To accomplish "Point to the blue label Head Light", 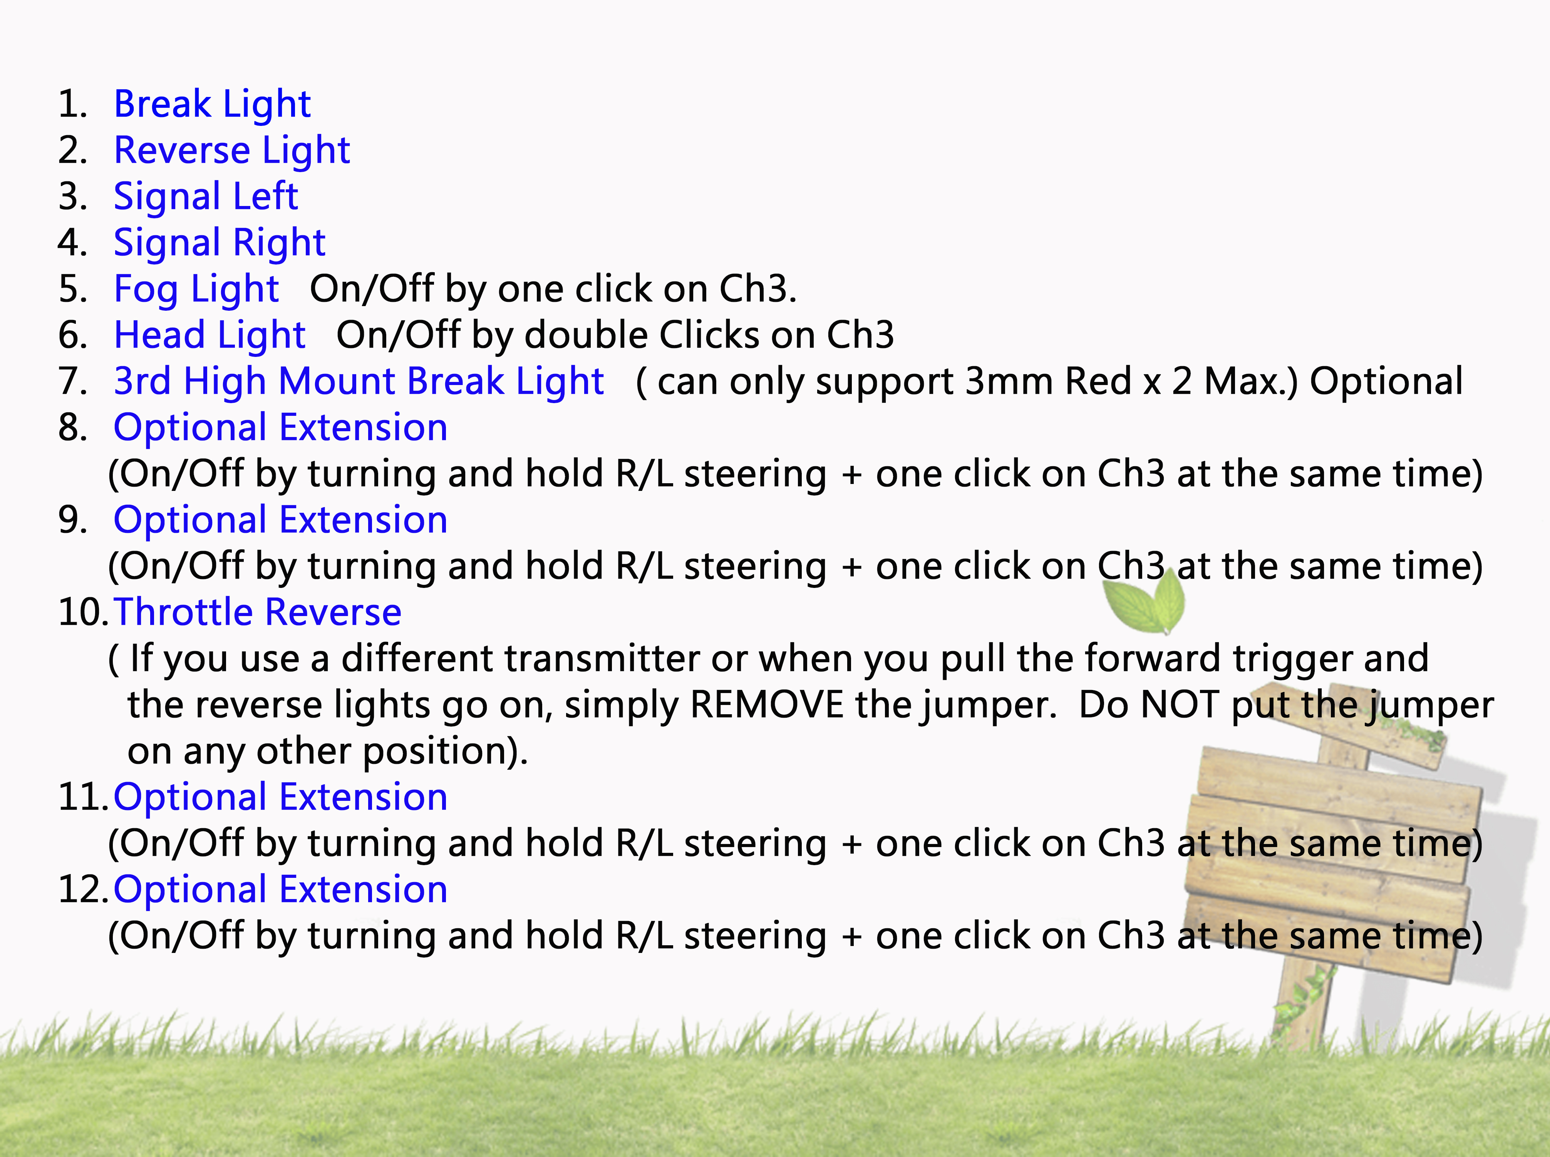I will point(209,335).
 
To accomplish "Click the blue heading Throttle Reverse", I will point(257,612).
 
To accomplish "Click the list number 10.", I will point(81,612).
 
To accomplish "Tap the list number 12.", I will point(81,889).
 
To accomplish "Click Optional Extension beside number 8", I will point(280,427).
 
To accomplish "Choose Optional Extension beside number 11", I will point(280,797).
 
